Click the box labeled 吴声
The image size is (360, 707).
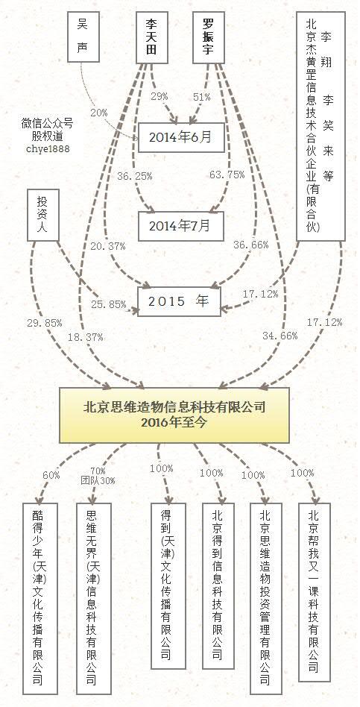tap(83, 37)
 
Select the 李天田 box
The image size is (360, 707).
tap(152, 37)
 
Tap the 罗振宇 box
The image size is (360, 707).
tap(208, 37)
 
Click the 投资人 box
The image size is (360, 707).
tap(42, 215)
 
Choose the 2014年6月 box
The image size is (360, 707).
tap(181, 137)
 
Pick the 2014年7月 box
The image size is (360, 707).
tap(181, 226)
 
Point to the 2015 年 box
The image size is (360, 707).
tap(180, 301)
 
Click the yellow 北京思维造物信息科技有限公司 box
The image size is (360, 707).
tap(174, 415)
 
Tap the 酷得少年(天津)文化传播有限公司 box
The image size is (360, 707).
tap(40, 598)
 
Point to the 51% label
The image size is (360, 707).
tap(201, 96)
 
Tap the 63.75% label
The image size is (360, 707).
tap(227, 175)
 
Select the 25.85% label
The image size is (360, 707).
tap(109, 304)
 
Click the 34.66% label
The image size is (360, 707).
tap(280, 336)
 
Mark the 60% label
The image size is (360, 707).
tap(51, 475)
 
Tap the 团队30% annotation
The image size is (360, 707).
tap(98, 480)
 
